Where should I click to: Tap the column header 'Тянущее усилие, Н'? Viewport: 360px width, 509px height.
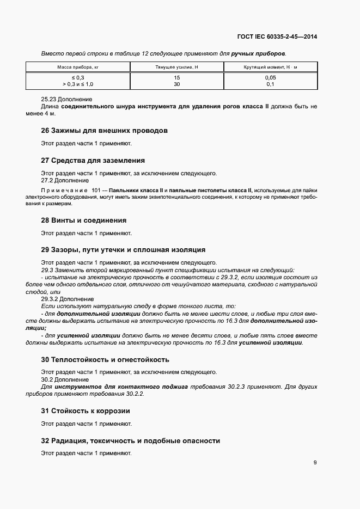click(176, 67)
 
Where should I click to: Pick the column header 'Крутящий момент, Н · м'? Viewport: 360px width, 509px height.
click(270, 67)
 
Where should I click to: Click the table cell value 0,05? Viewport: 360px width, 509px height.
click(270, 78)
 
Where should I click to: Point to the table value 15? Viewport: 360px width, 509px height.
click(176, 78)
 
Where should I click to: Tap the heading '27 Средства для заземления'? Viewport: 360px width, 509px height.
click(93, 161)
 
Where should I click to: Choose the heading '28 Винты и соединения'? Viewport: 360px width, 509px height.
click(84, 220)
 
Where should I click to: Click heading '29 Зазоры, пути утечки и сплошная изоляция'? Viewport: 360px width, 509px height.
click(123, 250)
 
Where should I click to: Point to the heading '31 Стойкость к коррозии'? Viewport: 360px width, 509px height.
click(86, 410)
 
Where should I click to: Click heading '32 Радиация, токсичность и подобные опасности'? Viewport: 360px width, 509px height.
click(131, 440)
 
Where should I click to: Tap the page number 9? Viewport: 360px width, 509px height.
click(315, 463)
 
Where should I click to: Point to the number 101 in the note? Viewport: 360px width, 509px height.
click(97, 190)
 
